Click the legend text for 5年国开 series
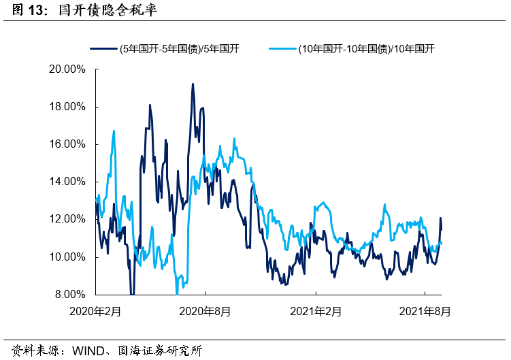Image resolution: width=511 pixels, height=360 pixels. [x=178, y=48]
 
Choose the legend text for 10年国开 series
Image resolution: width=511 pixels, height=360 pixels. [x=366, y=48]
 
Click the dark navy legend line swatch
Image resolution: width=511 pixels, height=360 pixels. [x=103, y=48]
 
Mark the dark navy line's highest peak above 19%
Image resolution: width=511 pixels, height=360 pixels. [x=193, y=84]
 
